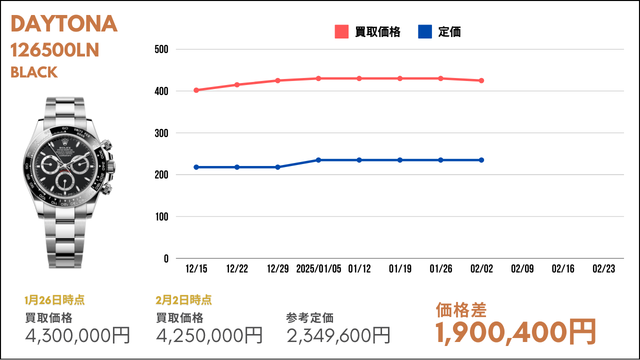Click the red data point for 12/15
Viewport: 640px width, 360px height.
[196, 90]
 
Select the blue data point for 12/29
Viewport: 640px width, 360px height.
[277, 167]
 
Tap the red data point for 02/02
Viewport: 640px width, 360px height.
[481, 80]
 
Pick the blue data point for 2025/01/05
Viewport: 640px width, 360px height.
[318, 160]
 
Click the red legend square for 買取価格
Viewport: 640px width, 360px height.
[341, 31]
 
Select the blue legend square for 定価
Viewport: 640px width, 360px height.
[425, 31]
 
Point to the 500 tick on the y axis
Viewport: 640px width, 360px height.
[161, 49]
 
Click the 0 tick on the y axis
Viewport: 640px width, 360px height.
[166, 259]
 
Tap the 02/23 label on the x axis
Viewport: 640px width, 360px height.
[603, 269]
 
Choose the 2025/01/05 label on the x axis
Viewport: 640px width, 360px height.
[318, 269]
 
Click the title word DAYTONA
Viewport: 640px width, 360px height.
[64, 23]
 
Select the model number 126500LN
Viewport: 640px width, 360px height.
[55, 50]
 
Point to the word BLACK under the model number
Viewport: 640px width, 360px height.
[34, 72]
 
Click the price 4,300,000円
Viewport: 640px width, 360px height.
[77, 335]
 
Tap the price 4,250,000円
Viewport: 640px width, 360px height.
[209, 335]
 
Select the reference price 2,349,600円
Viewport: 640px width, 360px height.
[338, 335]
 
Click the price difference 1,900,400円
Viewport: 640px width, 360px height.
[515, 332]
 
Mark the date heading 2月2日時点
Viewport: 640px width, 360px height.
[183, 300]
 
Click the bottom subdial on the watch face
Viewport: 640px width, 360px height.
[65, 181]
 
